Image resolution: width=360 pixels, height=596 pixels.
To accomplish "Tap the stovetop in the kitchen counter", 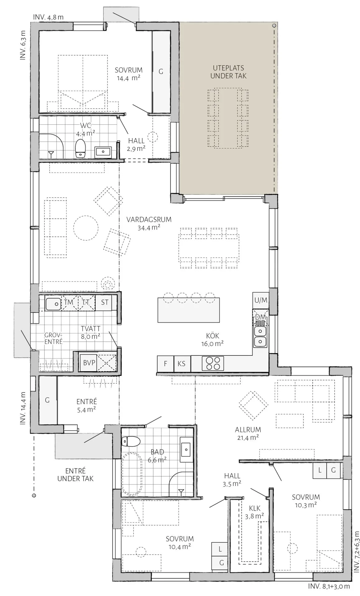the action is (213, 363).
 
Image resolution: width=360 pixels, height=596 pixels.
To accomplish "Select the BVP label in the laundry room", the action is (89, 363).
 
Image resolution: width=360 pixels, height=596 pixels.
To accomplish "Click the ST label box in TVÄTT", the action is (105, 302).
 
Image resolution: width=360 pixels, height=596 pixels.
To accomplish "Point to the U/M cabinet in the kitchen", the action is (261, 300).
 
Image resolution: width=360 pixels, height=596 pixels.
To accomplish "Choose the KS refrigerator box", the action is (182, 363).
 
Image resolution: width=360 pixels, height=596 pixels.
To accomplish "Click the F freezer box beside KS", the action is (166, 363).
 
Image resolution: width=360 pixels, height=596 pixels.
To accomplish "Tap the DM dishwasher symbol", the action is (260, 317).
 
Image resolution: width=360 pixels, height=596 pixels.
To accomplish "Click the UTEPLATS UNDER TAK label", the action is (228, 72).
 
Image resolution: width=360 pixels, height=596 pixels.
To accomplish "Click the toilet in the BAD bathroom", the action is (130, 441).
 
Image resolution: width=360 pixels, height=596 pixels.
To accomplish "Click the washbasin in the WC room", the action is (103, 152).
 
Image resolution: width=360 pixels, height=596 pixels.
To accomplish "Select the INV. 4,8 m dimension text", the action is (48, 17).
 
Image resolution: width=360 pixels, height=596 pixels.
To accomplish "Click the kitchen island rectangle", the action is (189, 310).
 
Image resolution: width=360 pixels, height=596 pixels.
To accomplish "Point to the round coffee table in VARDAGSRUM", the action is (86, 228).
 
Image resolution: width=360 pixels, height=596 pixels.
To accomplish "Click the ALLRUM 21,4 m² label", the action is (248, 433).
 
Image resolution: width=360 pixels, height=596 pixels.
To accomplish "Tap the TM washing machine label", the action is (69, 302).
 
